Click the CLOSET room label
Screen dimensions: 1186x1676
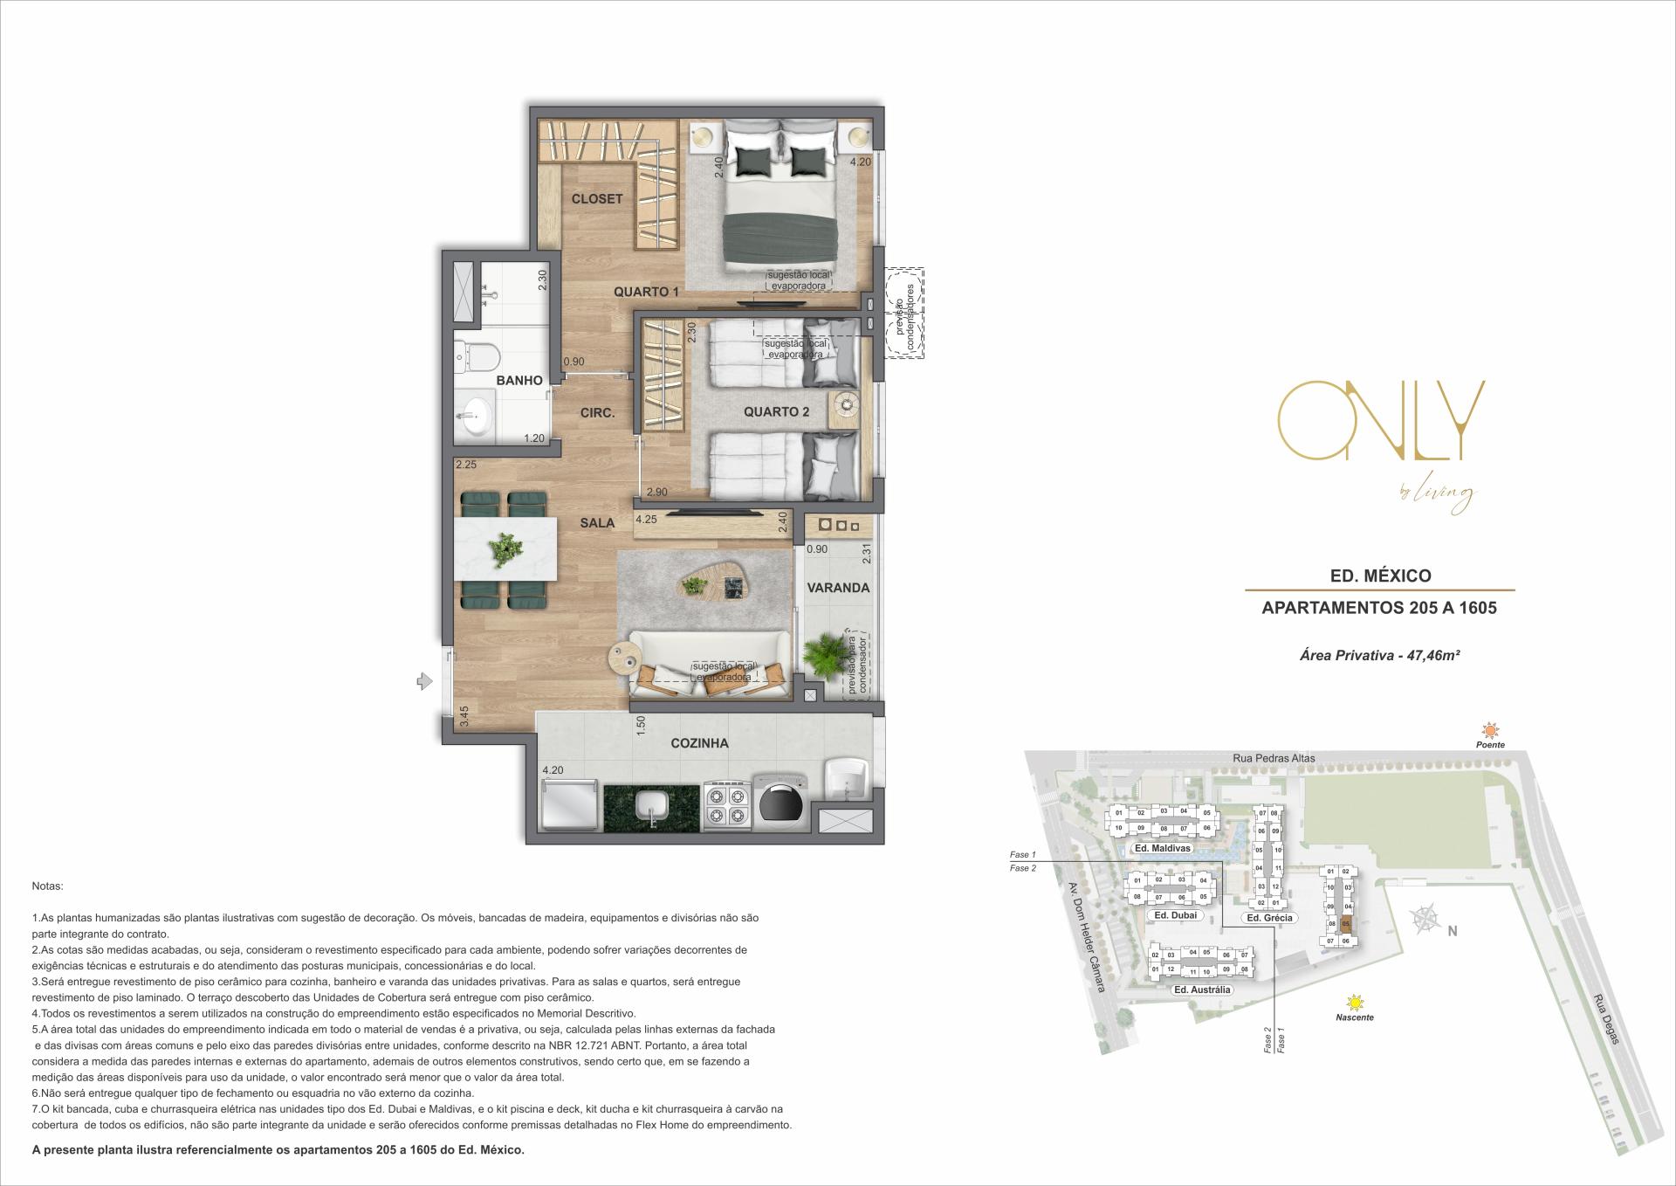click(597, 199)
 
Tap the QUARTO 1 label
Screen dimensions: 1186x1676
click(646, 293)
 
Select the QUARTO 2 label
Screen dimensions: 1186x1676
click(776, 412)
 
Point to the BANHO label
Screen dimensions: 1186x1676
click(519, 381)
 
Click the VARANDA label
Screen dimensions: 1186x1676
click(838, 588)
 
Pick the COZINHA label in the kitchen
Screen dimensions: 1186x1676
click(699, 743)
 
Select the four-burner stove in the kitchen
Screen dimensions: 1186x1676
click(727, 806)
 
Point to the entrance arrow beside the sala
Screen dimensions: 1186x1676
click(424, 680)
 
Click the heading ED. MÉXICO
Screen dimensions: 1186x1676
click(1379, 576)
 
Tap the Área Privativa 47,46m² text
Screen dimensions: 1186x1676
click(1379, 655)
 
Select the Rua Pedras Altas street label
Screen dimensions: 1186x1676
click(1274, 758)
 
